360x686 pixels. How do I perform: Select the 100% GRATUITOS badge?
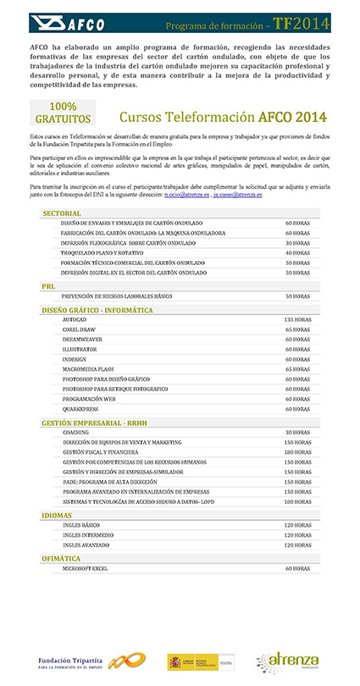point(63,112)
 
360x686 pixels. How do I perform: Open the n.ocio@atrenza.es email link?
point(186,194)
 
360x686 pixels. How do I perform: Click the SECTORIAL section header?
point(61,213)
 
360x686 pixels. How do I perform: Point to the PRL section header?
point(48,286)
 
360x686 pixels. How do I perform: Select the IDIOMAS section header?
point(57,515)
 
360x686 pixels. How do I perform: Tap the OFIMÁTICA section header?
point(61,559)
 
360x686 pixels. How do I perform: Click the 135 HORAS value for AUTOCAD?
point(297,319)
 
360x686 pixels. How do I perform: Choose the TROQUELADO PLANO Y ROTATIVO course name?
point(102,252)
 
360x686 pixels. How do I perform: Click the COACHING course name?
point(76,433)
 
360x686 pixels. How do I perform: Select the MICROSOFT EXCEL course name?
point(86,568)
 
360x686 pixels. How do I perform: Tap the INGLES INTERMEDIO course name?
point(88,534)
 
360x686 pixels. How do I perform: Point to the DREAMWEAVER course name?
point(82,339)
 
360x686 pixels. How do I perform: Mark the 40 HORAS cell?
point(297,252)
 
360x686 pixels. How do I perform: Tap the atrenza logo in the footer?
point(290,661)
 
